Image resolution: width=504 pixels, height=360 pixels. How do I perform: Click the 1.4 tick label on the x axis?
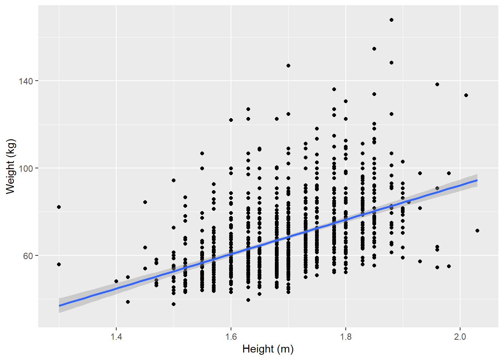pyautogui.click(x=116, y=336)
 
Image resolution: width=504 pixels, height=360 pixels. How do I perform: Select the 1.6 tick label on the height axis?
pyautogui.click(x=231, y=336)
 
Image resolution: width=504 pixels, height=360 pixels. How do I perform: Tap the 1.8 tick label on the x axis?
pyautogui.click(x=346, y=336)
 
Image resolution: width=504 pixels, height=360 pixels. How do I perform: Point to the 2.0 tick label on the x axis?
pyautogui.click(x=460, y=336)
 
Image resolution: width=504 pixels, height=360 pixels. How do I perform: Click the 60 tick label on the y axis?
pyautogui.click(x=28, y=256)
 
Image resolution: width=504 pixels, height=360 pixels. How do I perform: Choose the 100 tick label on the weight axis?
pyautogui.click(x=25, y=168)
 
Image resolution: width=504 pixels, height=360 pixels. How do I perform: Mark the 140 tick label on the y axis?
pyautogui.click(x=25, y=81)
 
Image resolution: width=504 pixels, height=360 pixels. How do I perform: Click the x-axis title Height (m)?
pyautogui.click(x=268, y=349)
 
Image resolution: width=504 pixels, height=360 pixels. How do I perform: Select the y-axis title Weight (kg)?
pyautogui.click(x=10, y=166)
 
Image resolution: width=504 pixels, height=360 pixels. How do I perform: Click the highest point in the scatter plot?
pyautogui.click(x=391, y=20)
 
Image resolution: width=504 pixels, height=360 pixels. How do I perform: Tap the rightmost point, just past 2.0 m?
pyautogui.click(x=477, y=231)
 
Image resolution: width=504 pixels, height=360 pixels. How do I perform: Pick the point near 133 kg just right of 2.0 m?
pyautogui.click(x=466, y=95)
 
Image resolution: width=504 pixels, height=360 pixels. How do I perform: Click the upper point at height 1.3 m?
pyautogui.click(x=59, y=207)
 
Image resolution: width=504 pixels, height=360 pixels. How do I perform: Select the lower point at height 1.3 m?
pyautogui.click(x=59, y=264)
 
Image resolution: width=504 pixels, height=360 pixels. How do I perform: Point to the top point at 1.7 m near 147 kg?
pyautogui.click(x=288, y=66)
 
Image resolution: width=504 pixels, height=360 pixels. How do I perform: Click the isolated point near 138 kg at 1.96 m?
pyautogui.click(x=437, y=84)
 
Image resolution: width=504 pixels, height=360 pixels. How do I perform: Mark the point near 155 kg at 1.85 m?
pyautogui.click(x=374, y=49)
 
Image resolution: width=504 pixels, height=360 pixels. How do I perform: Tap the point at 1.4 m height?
pyautogui.click(x=116, y=281)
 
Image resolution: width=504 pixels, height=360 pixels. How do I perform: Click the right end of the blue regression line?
pyautogui.click(x=477, y=180)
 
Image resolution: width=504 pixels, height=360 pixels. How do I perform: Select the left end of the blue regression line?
pyautogui.click(x=59, y=306)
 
